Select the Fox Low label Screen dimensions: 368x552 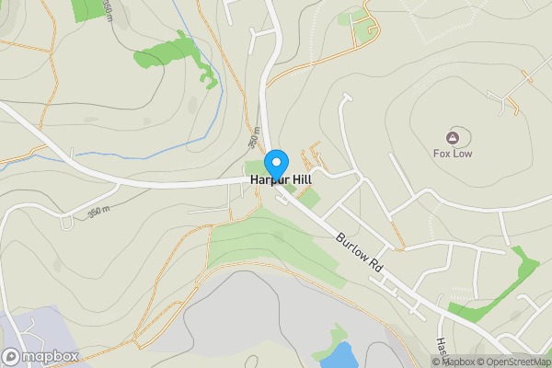point(453,154)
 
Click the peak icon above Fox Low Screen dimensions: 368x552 point(453,136)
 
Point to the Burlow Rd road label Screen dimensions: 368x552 point(359,248)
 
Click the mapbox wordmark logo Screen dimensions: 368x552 point(41,356)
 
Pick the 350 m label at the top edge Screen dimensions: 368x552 point(109,8)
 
